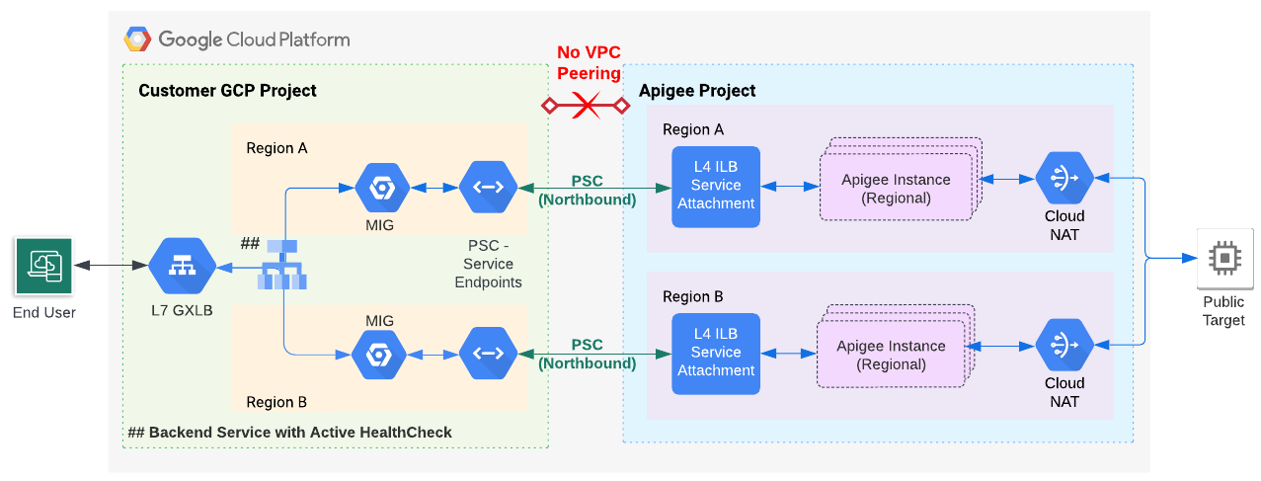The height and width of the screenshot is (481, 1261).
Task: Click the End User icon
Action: coord(44,266)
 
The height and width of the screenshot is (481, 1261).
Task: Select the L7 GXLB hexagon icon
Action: coord(182,266)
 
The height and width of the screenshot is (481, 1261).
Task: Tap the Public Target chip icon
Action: coord(1223,258)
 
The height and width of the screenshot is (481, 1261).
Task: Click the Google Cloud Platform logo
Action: coord(137,40)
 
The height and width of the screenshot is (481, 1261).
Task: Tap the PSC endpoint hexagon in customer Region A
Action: coord(488,188)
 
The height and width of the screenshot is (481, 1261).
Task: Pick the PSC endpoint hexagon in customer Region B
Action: coord(488,355)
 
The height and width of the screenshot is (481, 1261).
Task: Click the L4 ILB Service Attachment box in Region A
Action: coord(716,187)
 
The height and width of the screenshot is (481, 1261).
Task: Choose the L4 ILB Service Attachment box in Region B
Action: coord(716,354)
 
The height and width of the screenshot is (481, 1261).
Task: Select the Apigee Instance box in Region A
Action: coord(895,188)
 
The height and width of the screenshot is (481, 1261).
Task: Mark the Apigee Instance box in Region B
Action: coord(891,354)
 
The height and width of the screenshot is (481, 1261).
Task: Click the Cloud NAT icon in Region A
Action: coord(1064,178)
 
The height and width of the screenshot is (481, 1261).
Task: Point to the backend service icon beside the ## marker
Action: coord(282,264)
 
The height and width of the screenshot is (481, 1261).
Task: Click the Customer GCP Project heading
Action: coord(227,91)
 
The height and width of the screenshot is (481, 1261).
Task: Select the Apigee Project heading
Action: coord(697,91)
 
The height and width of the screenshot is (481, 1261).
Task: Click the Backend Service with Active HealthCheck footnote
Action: coord(290,433)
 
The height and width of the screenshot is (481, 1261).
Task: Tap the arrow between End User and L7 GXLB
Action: coord(111,266)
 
